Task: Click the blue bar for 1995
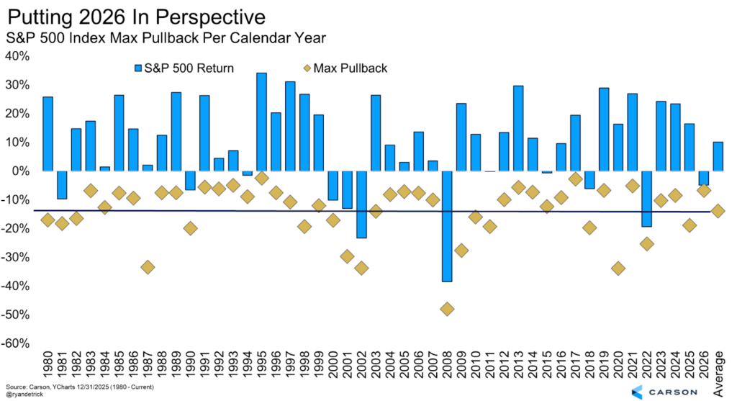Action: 261,122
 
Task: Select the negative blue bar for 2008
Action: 447,226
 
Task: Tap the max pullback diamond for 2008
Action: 447,309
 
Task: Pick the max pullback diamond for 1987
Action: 148,267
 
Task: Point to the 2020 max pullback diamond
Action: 618,269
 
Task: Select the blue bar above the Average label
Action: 718,156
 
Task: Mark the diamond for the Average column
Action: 718,211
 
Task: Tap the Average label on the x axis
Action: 718,369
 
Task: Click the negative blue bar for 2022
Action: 646,199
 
